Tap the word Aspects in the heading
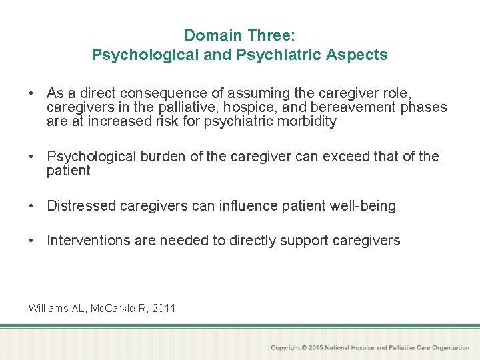pyautogui.click(x=360, y=55)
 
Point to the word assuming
pyautogui.click(x=233, y=93)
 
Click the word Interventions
pyautogui.click(x=88, y=241)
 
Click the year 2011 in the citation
pyautogui.click(x=163, y=308)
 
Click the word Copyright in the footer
pyautogui.click(x=285, y=348)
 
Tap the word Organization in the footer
pyautogui.click(x=451, y=348)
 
